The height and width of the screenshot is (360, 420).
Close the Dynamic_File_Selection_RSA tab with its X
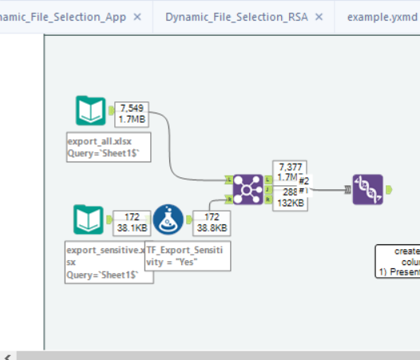[x=319, y=17]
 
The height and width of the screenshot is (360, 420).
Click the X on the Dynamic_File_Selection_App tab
[x=137, y=17]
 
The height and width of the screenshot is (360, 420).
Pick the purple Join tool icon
[x=248, y=190]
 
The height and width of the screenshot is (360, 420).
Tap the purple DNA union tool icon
[x=367, y=189]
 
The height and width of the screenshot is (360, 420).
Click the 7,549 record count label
[x=131, y=109]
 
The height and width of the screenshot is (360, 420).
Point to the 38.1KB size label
[x=129, y=227]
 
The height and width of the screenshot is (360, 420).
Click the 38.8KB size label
[x=211, y=227]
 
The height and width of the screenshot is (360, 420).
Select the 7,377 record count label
[x=288, y=166]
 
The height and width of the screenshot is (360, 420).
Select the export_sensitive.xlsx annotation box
[x=104, y=261]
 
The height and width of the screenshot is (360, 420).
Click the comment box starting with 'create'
[x=398, y=261]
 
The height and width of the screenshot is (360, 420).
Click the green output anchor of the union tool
[x=388, y=189]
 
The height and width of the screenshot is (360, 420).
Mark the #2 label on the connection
[x=303, y=180]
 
